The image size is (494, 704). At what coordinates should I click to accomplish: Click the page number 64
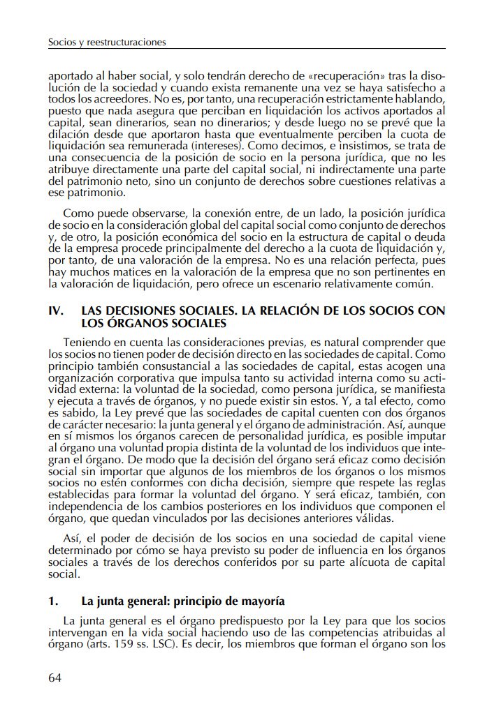click(x=56, y=678)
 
